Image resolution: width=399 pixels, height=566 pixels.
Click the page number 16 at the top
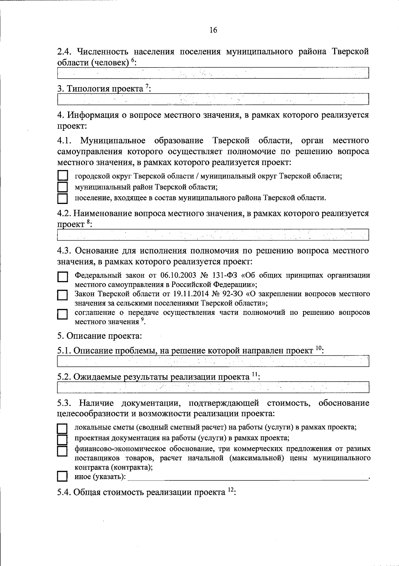click(213, 30)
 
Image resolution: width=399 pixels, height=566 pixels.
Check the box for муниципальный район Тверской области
click(63, 187)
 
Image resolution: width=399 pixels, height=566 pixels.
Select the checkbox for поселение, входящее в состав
click(63, 198)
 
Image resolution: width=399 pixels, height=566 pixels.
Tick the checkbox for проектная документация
click(62, 440)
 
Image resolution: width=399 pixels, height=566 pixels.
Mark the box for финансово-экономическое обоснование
click(62, 451)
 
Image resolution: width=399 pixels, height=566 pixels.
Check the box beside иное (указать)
click(62, 476)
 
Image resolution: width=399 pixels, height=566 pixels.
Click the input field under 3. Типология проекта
click(213, 99)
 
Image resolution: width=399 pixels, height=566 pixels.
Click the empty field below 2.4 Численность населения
click(213, 73)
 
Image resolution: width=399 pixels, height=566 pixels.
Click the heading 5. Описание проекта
click(100, 336)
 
